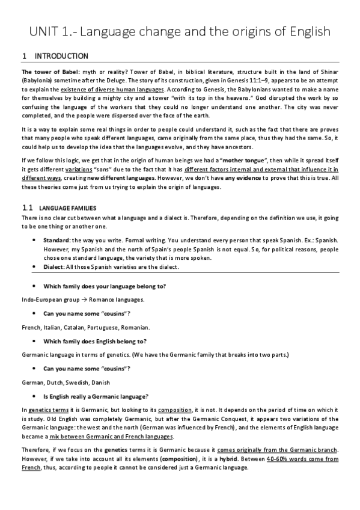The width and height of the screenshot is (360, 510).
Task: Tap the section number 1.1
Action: (x=26, y=207)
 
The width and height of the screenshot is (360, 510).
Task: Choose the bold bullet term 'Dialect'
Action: (x=55, y=268)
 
